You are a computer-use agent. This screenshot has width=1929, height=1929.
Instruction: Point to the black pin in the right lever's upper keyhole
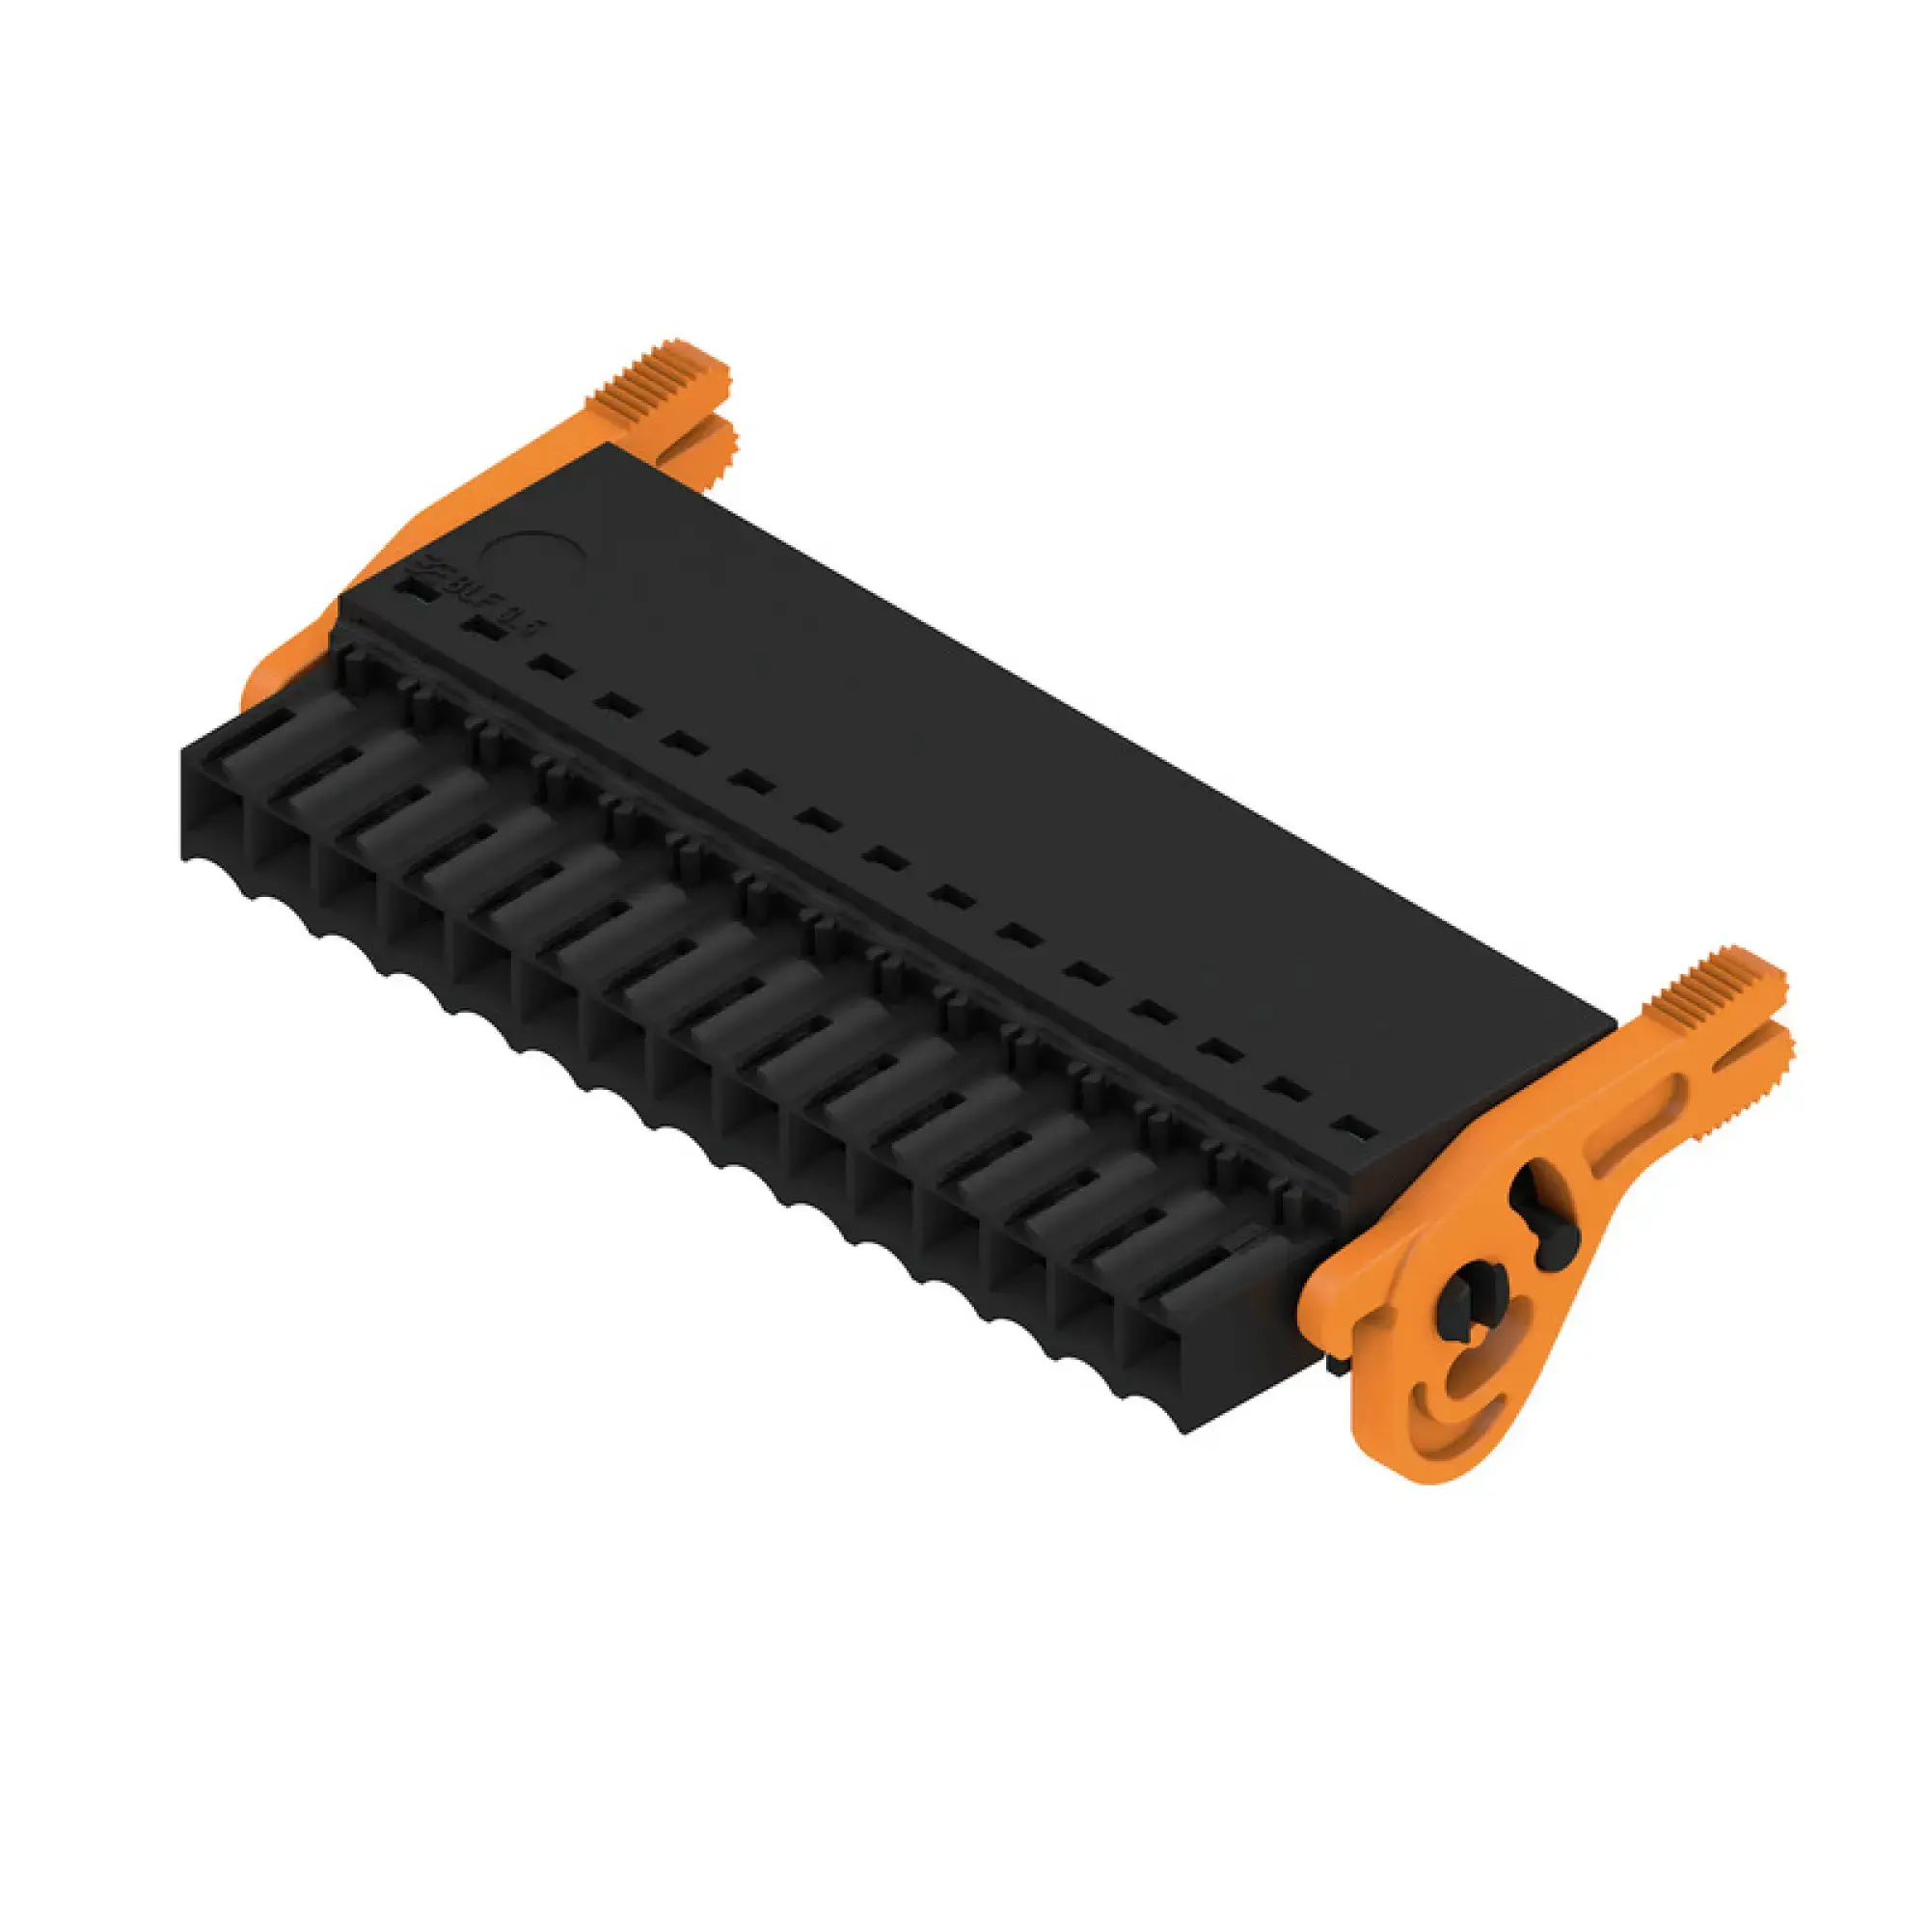click(x=1542, y=1215)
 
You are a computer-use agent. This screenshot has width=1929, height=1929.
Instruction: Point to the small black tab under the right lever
click(x=1332, y=1361)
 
